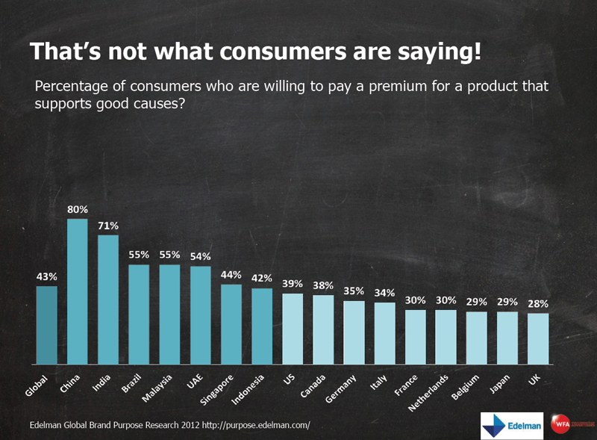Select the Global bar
pos(47,325)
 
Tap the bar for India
pos(108,299)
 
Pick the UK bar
pos(538,338)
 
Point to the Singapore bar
pos(231,323)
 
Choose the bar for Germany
pos(354,332)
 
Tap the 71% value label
pos(108,226)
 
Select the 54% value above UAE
pos(200,256)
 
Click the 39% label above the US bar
pos(293,284)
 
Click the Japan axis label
pos(501,382)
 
